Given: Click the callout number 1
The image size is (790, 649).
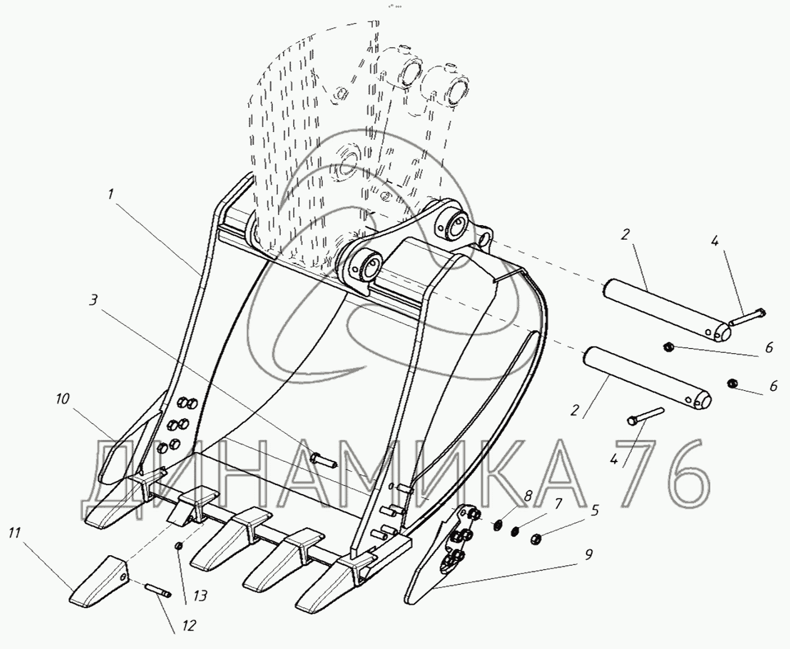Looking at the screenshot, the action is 111,194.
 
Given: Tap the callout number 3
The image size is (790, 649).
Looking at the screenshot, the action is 93,300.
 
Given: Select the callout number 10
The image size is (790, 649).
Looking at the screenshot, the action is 62,399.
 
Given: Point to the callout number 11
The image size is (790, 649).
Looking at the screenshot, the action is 15,532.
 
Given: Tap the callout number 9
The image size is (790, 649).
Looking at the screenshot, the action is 587,555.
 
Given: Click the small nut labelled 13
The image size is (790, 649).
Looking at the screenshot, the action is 178,546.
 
